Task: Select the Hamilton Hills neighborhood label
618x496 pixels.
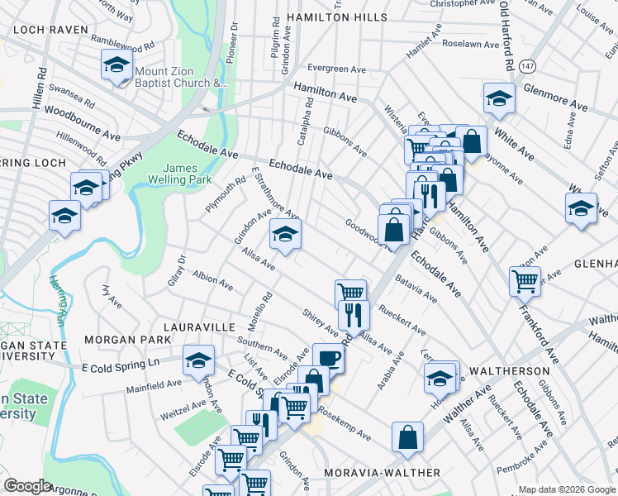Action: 336,17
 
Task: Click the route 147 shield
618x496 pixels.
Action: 526,67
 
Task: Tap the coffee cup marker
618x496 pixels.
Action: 327,358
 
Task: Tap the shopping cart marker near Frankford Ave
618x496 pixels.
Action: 525,281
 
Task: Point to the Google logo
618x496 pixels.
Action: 27,486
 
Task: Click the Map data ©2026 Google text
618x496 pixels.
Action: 566,489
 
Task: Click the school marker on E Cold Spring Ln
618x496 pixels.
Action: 198,360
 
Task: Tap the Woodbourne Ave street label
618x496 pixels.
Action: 83,112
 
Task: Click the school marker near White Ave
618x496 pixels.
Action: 498,98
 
